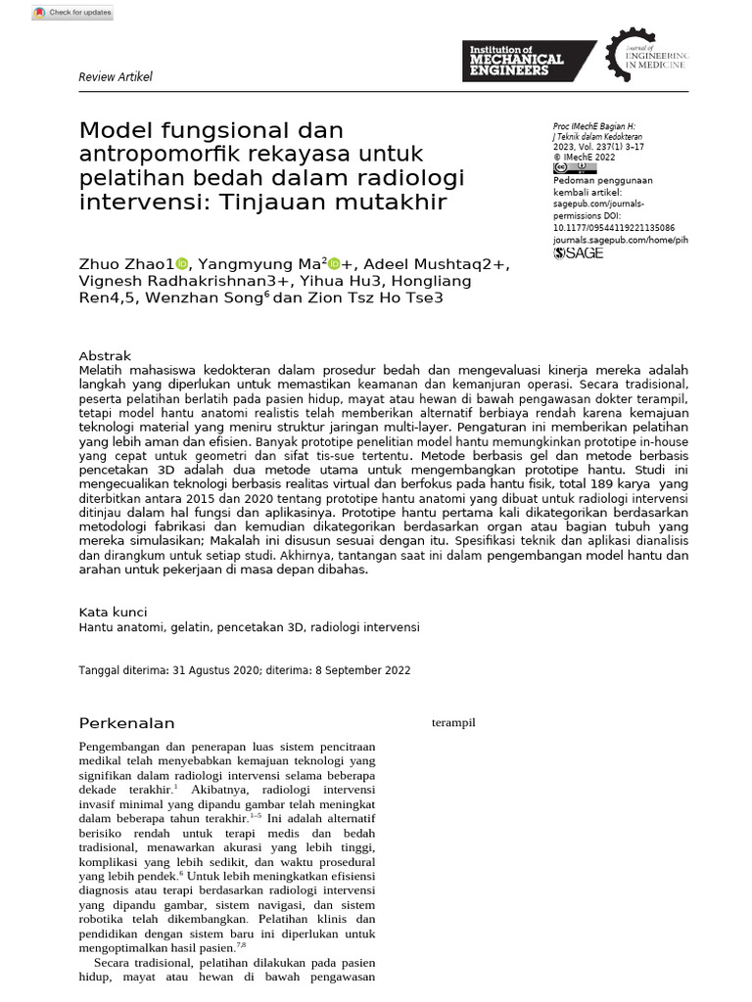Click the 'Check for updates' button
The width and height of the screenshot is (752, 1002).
point(72,13)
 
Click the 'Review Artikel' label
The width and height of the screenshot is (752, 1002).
point(115,77)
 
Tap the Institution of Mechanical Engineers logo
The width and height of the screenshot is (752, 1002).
point(528,61)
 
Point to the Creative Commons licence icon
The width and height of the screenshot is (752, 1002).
point(575,168)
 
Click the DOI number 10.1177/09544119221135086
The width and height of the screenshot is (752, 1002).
point(614,228)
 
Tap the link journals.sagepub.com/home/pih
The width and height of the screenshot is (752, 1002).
point(620,240)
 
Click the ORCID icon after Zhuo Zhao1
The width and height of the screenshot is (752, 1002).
point(181,264)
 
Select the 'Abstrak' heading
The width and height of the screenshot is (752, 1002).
point(105,356)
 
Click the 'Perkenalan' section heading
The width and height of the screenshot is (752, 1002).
point(126,723)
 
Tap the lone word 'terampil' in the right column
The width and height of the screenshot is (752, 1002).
point(453,723)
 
